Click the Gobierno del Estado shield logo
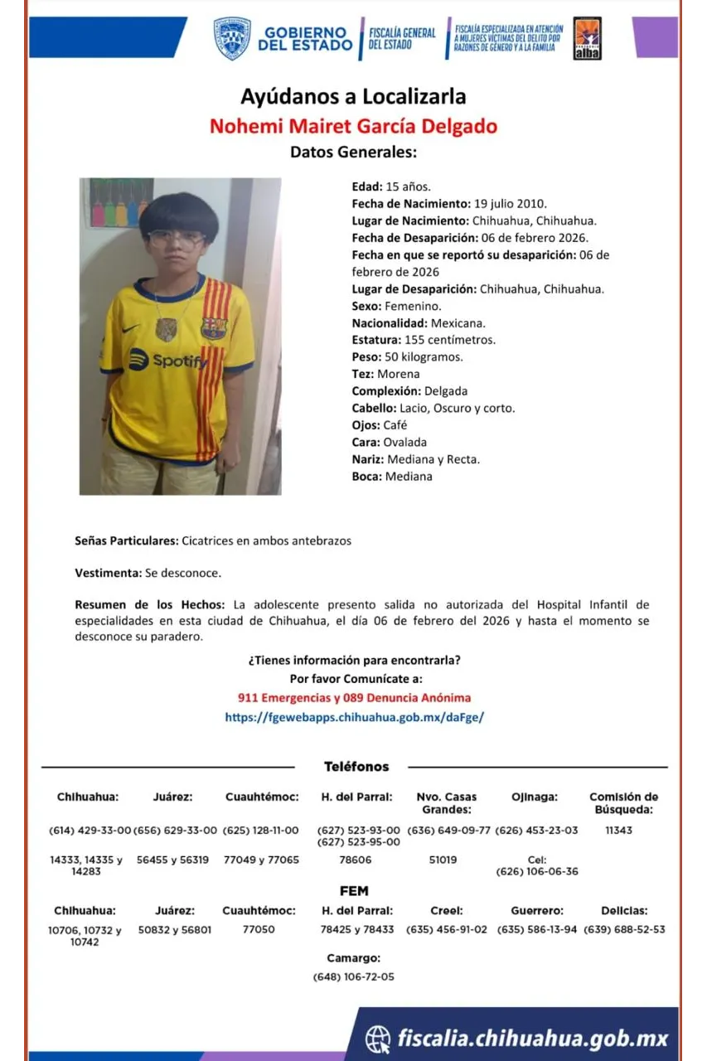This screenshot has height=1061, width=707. pos(232,38)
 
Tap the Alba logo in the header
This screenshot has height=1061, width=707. pos(587,38)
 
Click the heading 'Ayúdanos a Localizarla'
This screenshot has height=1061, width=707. pos(353,96)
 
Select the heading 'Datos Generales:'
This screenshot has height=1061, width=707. pos(353,152)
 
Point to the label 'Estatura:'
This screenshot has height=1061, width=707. pos(376,340)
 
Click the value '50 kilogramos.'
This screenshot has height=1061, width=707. pos(424,357)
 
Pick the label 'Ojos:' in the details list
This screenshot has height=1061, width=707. pos(366,425)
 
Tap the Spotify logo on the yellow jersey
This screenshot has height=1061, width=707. pos(168,360)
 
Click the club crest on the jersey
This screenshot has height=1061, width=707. pos(213,327)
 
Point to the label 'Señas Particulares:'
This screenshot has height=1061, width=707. pos(126,540)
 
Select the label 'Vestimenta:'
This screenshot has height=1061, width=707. pos(108,573)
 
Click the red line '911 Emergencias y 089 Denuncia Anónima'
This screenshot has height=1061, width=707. pos(354,698)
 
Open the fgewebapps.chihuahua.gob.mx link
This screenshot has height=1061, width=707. pos(354,717)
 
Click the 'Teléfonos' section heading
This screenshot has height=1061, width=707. pos(356,767)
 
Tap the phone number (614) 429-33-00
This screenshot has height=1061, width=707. pos(90,830)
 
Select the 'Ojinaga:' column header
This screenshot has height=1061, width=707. pos(535,797)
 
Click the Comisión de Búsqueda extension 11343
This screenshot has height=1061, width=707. pos(618,830)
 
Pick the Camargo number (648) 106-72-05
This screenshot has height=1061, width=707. pos(353,976)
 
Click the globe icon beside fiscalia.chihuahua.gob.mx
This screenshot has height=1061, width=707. pos(378,1038)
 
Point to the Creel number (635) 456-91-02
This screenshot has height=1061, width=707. pos(447,929)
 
